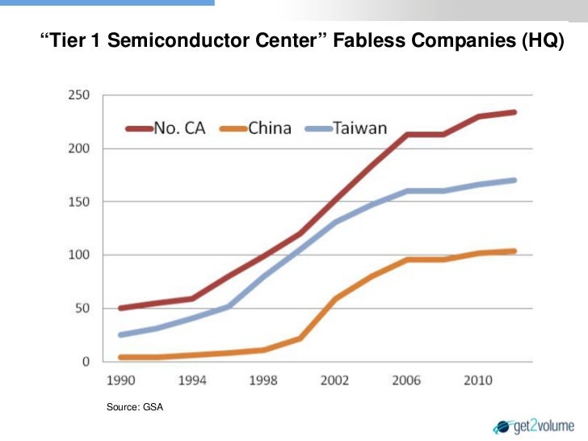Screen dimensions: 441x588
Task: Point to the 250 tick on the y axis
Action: coord(79,95)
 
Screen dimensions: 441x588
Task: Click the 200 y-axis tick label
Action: coord(79,149)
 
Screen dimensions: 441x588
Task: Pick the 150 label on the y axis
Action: coord(79,202)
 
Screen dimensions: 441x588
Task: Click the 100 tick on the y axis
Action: coord(79,255)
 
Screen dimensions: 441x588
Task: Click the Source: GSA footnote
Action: coord(135,409)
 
